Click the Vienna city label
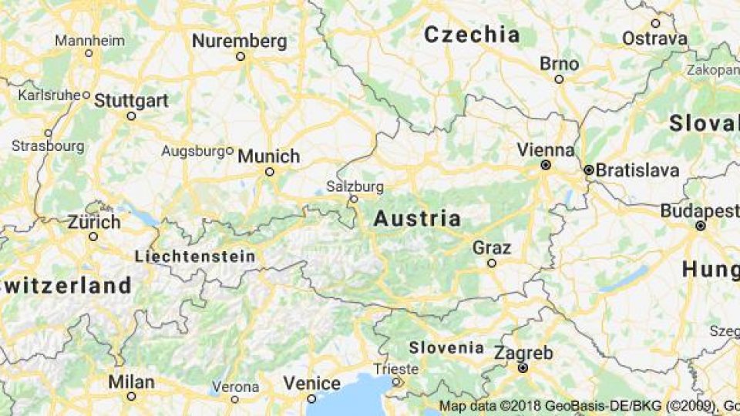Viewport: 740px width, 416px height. [x=545, y=149]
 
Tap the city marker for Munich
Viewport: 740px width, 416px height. [x=270, y=172]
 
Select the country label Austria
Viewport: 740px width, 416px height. [x=417, y=219]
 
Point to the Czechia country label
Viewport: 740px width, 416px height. [x=472, y=35]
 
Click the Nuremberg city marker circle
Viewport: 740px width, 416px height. [x=240, y=56]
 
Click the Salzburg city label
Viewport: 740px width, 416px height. [x=355, y=186]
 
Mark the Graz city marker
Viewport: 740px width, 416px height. [x=492, y=263]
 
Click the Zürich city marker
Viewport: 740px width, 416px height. [x=93, y=237]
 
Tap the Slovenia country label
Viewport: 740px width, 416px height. [x=446, y=347]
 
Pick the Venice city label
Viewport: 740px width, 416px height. [x=311, y=383]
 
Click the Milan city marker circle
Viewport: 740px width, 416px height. [x=131, y=396]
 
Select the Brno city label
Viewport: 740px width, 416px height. [x=559, y=63]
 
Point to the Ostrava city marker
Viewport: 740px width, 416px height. [x=655, y=23]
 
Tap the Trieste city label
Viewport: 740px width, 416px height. [x=395, y=369]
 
